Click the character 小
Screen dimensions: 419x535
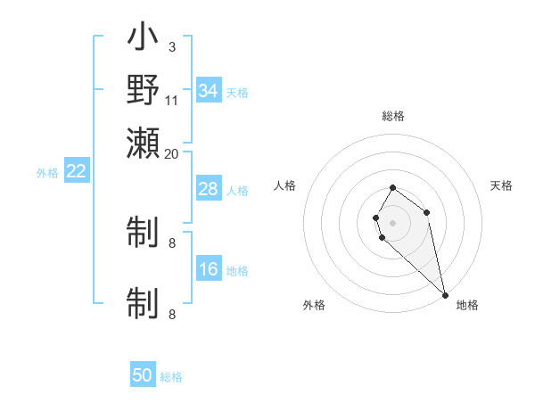coord(143,39)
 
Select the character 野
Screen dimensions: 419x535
coord(143,91)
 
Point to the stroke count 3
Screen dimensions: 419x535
coord(171,46)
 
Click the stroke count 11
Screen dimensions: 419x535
coord(171,100)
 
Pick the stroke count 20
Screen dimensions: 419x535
coord(171,153)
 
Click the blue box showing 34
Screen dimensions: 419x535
coord(209,90)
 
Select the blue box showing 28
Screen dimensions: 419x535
coord(209,189)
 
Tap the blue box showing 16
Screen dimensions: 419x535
coord(209,269)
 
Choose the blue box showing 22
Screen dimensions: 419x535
coord(76,171)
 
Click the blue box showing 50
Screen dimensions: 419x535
coord(143,375)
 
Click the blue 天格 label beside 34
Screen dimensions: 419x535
coord(236,92)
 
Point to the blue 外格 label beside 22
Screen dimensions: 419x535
coord(47,173)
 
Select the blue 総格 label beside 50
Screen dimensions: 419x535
coord(171,377)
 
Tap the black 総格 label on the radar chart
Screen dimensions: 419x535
coord(393,116)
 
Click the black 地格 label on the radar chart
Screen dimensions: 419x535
coord(467,305)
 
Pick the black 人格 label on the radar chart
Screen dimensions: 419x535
coord(285,185)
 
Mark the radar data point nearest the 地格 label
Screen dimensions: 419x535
coord(445,295)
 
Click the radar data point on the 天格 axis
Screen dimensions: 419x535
coord(427,212)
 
